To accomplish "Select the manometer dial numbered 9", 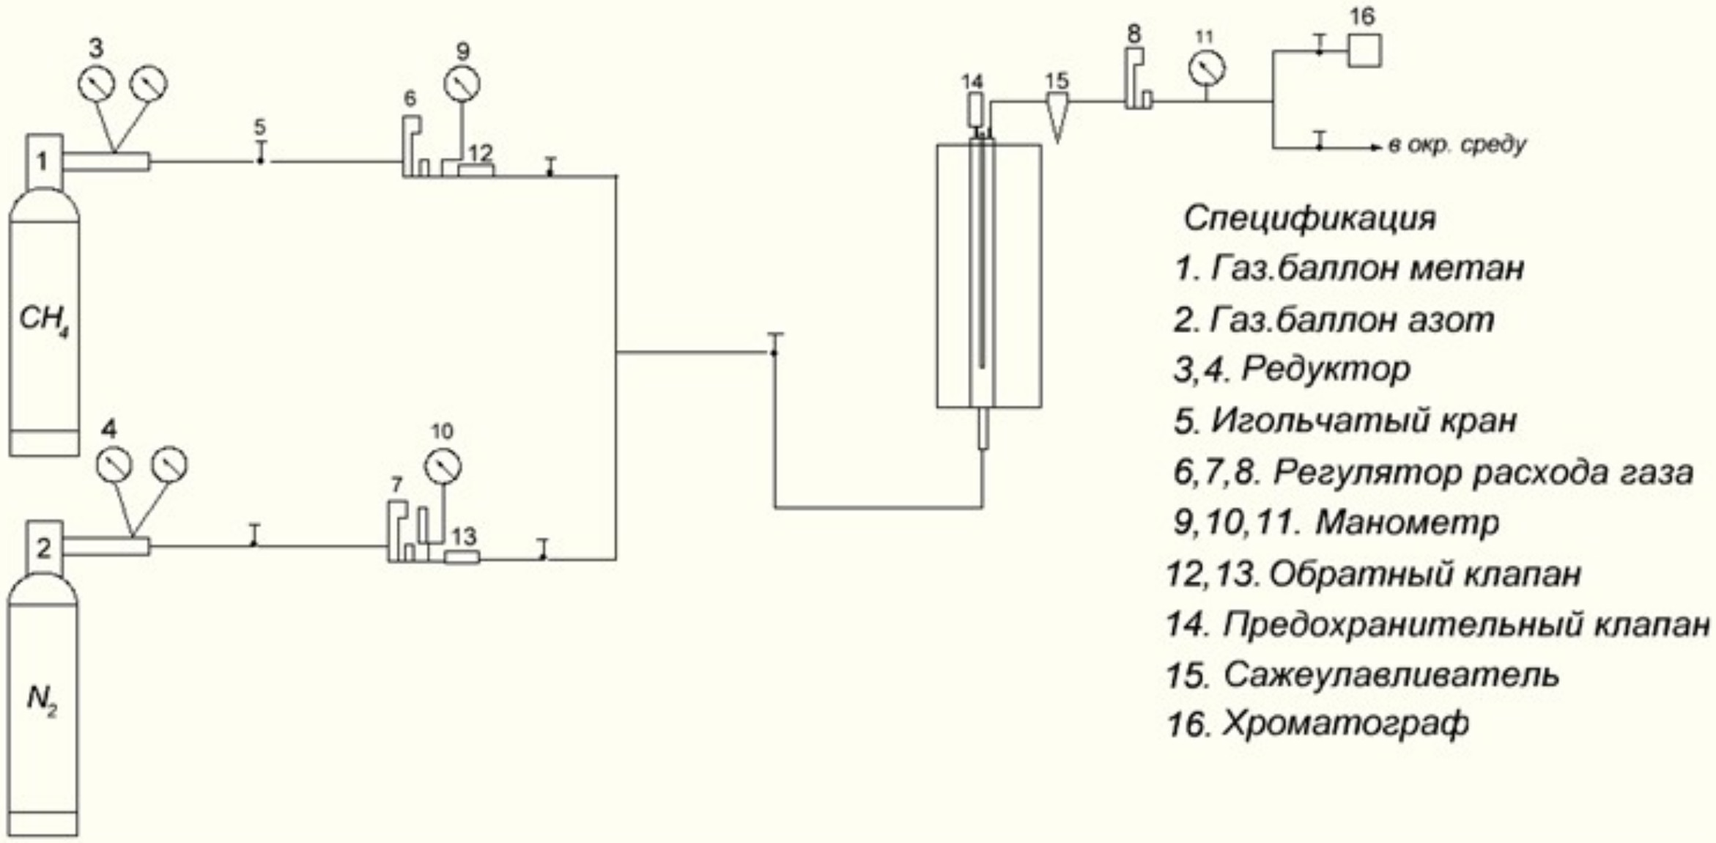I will point(462,84).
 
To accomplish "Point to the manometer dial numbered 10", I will point(443,465).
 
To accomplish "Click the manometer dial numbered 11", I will point(1207,69).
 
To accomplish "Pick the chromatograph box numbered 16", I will point(1364,51).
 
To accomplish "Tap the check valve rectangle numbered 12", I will point(476,170).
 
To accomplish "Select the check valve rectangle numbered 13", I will point(462,558).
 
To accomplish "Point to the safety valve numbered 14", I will point(975,110).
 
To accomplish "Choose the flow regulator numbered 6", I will point(413,147).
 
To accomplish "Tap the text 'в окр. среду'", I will point(1457,145).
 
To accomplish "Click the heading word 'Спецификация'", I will point(1309,218).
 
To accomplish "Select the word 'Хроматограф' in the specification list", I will point(1346,724).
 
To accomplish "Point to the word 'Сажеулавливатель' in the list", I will point(1391,674).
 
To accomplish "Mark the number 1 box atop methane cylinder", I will point(44,161).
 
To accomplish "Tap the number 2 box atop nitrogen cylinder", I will point(44,547).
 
